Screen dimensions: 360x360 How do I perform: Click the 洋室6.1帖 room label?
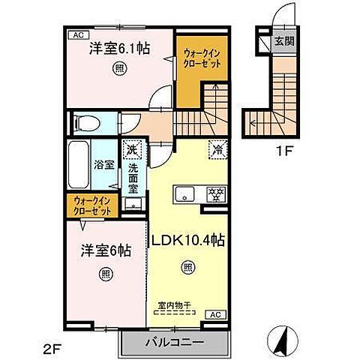coord(120,48)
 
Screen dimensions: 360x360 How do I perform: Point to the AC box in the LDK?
coord(213,313)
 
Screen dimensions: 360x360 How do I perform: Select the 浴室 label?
coord(104,164)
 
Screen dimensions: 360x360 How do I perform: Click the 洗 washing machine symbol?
coord(132,150)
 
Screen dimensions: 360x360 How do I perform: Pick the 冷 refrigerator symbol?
coord(217,149)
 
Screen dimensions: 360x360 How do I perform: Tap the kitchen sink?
coord(184,196)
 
